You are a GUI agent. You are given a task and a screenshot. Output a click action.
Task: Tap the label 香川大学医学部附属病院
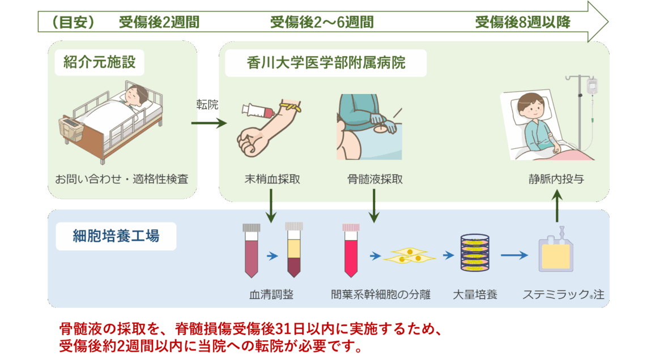coord(326,62)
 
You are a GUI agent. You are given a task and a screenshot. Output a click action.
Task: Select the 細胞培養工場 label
coord(116,235)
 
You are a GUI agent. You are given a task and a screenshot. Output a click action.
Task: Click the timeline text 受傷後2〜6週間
coord(321,23)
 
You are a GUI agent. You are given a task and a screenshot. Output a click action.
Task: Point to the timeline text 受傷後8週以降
coord(522,23)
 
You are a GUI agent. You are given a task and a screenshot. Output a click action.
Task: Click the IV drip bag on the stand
coord(592,87)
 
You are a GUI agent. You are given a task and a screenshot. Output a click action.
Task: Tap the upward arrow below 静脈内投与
coord(557,206)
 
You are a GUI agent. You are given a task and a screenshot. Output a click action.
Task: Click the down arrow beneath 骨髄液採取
coord(374,206)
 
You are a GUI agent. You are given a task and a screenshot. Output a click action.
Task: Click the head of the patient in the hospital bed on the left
coord(137,94)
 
